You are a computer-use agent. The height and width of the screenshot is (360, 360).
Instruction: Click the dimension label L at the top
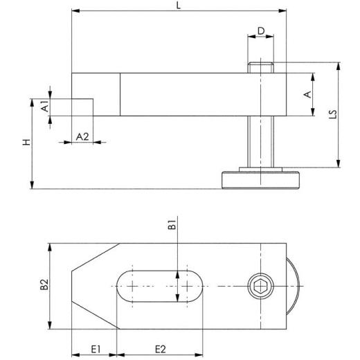(x=179, y=6)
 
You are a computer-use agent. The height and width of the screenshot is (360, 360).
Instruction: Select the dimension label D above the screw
(x=260, y=30)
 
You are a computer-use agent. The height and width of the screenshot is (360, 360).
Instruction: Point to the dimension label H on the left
(x=26, y=143)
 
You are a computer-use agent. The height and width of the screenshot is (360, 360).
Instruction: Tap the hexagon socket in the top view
(x=258, y=286)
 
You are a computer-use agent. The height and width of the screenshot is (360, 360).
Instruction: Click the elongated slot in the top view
(x=159, y=286)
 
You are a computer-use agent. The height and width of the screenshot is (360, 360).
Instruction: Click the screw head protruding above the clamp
(x=260, y=68)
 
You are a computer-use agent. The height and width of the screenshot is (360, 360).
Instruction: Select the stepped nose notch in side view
(x=83, y=107)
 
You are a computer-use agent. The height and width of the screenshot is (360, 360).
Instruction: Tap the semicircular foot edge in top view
(x=294, y=286)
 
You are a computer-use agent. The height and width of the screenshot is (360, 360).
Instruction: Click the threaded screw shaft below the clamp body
(x=260, y=142)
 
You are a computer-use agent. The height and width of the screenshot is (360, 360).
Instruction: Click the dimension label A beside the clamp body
(x=308, y=93)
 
